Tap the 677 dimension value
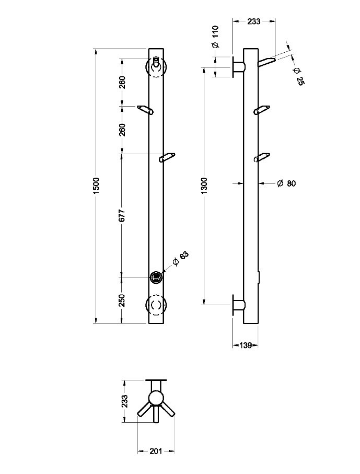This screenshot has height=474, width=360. (122, 215)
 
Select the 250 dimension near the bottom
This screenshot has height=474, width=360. (122, 300)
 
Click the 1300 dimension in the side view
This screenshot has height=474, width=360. (204, 186)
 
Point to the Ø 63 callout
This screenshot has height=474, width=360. (181, 259)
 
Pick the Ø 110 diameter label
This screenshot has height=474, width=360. (215, 37)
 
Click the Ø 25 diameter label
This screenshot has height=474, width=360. (297, 76)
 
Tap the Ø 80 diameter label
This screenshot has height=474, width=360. (286, 183)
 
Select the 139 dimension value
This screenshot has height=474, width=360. (245, 345)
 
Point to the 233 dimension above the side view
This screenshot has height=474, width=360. (254, 21)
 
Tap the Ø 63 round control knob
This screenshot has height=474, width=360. (156, 277)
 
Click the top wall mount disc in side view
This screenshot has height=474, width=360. (233, 66)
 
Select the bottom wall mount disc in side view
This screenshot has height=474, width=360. (233, 305)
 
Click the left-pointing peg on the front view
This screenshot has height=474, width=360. (145, 110)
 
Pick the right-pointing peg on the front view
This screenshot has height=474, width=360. (167, 158)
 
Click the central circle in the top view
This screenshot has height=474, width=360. (156, 398)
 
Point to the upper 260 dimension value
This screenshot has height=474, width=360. (122, 82)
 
